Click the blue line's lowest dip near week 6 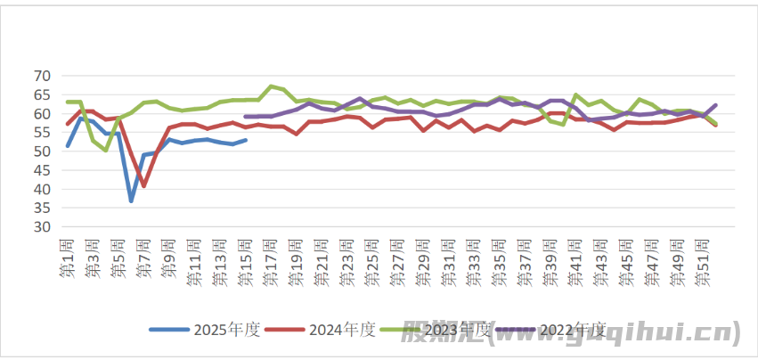131,201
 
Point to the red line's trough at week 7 143,185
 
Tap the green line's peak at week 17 271,86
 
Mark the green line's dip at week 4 106,150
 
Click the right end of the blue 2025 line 246,140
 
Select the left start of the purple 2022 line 245,117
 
